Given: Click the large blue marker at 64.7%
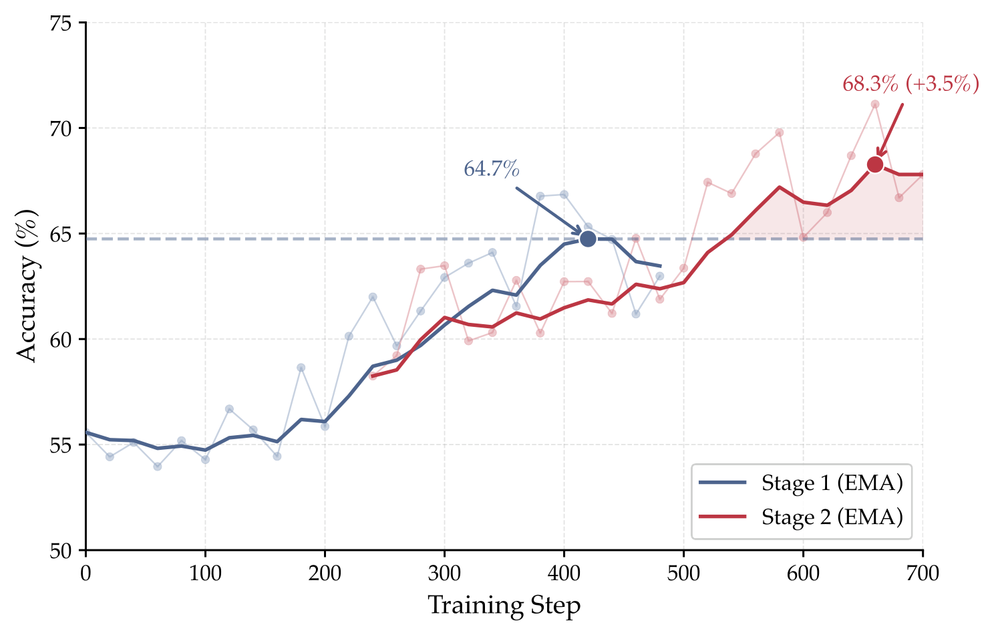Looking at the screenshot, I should [588, 239].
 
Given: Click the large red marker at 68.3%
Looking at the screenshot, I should [875, 164].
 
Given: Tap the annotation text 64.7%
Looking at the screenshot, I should [491, 169].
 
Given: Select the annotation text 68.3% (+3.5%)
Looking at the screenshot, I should [910, 84].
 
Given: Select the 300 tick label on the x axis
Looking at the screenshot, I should [444, 573].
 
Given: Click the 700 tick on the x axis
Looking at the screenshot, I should [923, 573].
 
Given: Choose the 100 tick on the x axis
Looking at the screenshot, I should [205, 573].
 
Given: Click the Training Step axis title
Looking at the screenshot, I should [504, 606].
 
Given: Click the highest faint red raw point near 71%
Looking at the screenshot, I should [875, 104].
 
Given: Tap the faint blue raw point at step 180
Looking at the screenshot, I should [301, 368].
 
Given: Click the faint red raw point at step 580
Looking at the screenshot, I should [779, 132].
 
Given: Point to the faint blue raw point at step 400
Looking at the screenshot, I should [564, 195].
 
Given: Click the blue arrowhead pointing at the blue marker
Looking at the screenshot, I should [578, 232].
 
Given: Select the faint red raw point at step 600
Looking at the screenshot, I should [803, 237].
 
